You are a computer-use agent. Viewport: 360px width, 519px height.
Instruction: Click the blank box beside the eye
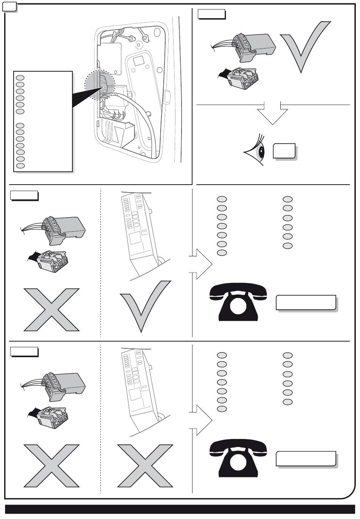[x=284, y=151]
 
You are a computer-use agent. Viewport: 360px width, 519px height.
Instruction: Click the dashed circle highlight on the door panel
[x=100, y=85]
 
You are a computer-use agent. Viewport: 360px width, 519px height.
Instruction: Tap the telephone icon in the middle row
[x=238, y=302]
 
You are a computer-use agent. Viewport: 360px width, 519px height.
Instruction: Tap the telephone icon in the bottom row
[x=238, y=458]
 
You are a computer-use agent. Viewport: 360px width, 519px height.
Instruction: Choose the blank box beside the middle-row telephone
[x=306, y=303]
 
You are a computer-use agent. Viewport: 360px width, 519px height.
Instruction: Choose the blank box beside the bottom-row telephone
[x=306, y=458]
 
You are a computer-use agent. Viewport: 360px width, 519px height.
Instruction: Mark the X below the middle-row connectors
[x=52, y=309]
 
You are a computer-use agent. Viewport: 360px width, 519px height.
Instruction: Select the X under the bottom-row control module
[x=145, y=466]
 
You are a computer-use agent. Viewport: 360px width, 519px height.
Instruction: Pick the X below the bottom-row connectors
[x=52, y=466]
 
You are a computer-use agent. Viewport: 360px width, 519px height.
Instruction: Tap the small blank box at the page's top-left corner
[x=9, y=6]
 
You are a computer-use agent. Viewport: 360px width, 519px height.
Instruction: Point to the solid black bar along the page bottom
[x=180, y=509]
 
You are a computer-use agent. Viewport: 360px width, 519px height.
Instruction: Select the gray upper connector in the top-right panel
[x=254, y=47]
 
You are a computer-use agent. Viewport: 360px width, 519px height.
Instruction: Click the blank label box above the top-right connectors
[x=211, y=14]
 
